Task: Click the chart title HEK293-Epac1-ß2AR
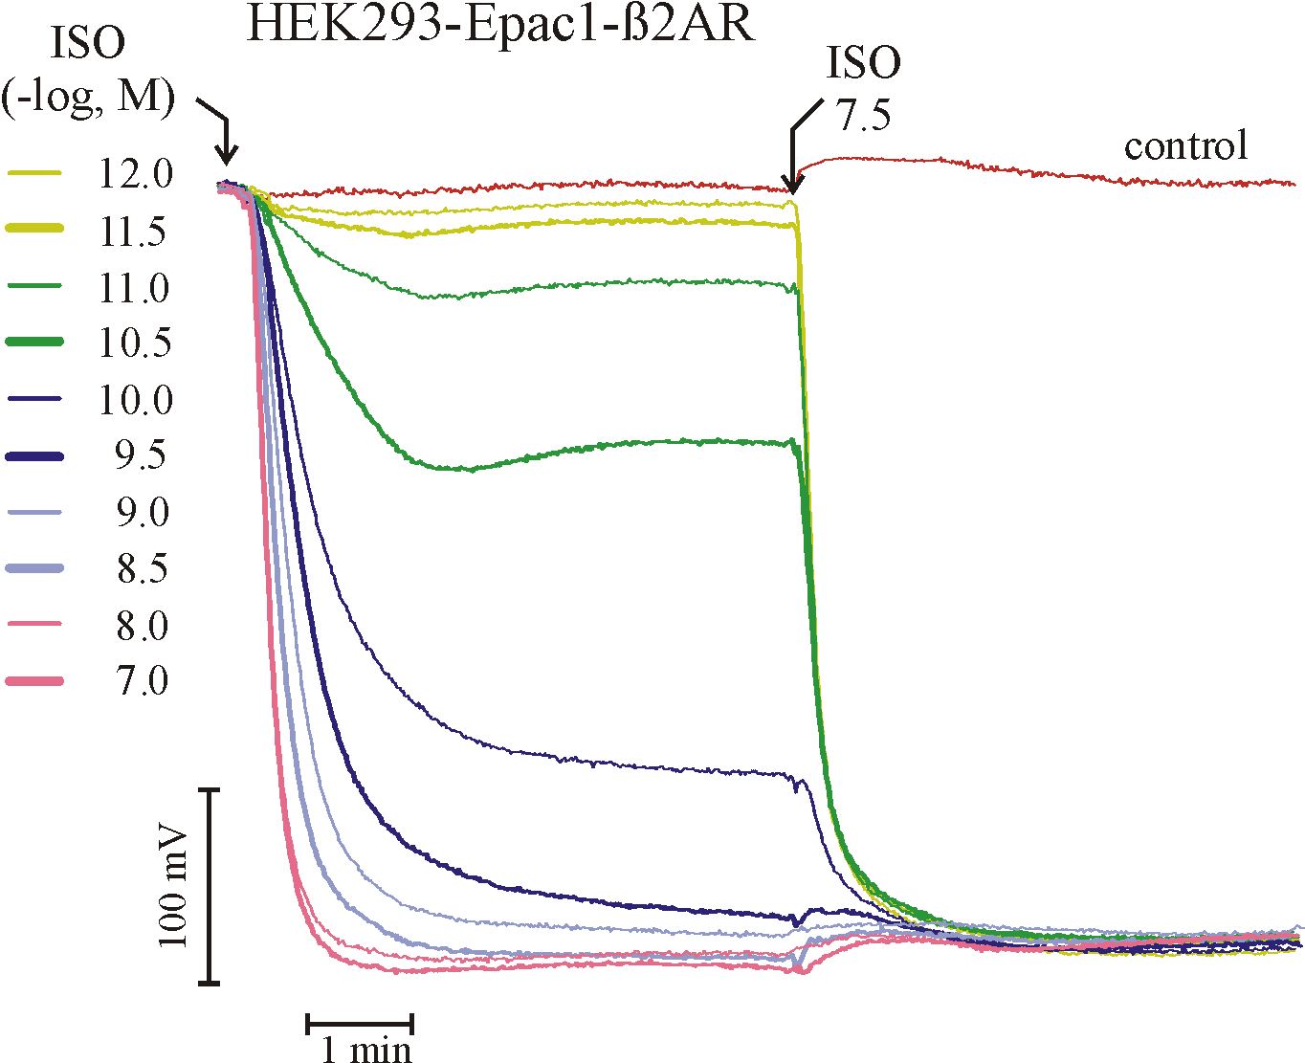tap(499, 24)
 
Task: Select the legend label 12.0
tap(136, 174)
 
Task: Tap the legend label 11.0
tap(134, 288)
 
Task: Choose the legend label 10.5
tap(136, 343)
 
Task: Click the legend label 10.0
tap(136, 400)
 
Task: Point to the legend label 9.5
tap(142, 456)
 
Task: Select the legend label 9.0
tap(144, 513)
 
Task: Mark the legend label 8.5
tap(143, 569)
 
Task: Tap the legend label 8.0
tap(143, 626)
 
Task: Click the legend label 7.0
tap(143, 681)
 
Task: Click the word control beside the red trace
tap(1185, 146)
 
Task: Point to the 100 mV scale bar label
tap(173, 887)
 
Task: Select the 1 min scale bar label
tap(366, 1050)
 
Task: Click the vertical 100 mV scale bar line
tap(211, 886)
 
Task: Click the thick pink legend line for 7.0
tap(35, 681)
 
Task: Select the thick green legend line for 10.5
tap(35, 342)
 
